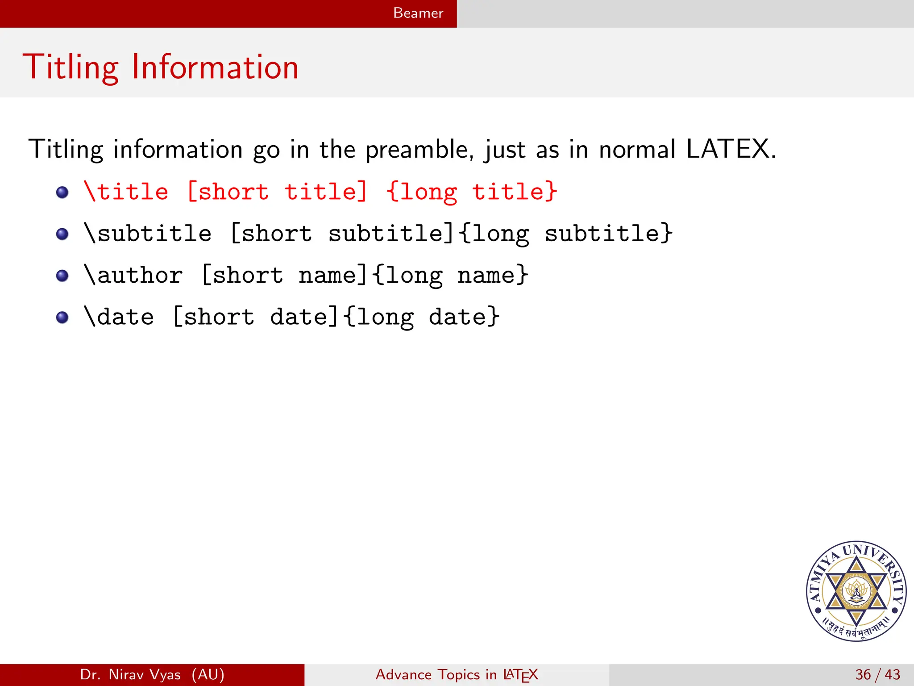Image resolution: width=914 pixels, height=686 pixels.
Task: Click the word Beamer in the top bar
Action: [x=418, y=13]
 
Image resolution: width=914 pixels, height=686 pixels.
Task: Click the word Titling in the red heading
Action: [x=71, y=67]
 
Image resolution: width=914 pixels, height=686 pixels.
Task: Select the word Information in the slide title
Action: [x=215, y=67]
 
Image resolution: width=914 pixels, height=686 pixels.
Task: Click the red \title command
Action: [x=126, y=192]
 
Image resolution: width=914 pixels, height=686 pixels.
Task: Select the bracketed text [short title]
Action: [x=277, y=192]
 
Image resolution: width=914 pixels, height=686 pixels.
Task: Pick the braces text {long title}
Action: [x=472, y=192]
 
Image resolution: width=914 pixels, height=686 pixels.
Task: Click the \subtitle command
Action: [x=148, y=234]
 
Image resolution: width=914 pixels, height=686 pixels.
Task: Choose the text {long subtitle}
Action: [x=565, y=234]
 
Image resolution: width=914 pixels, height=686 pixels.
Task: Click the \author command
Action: [x=133, y=275]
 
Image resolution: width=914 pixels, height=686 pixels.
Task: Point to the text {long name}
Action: [x=450, y=275]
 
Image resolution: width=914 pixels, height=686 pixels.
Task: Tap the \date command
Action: [x=119, y=317]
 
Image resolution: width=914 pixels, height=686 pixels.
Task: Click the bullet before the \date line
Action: [x=62, y=318]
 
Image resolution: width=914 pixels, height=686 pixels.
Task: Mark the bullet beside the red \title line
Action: [x=62, y=192]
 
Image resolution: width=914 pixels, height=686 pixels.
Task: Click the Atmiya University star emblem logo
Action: [x=856, y=591]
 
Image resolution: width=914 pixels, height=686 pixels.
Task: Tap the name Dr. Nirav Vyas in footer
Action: [x=130, y=674]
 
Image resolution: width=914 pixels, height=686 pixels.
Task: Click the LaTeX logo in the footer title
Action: [x=520, y=675]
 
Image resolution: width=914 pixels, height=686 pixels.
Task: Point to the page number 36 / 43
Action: [x=877, y=674]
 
